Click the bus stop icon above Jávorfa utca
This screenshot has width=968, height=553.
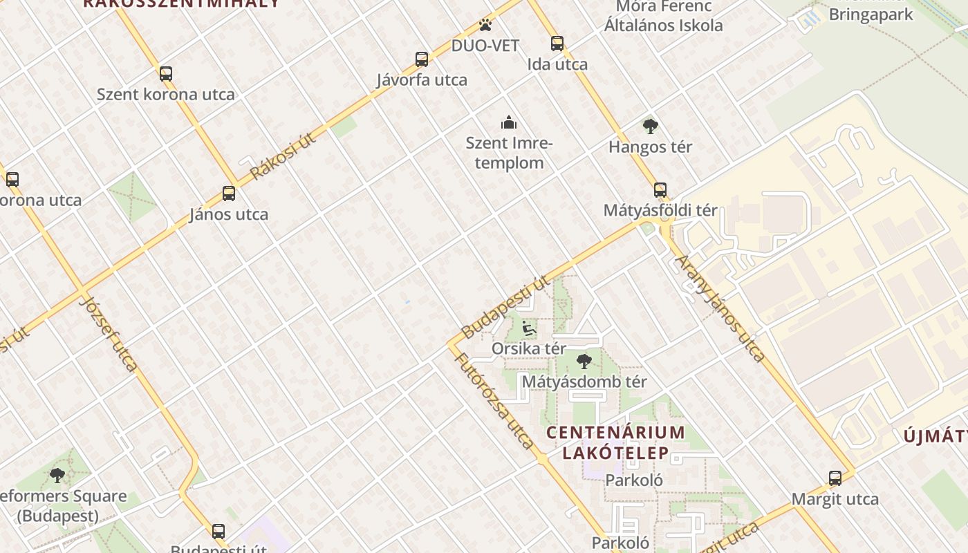422,59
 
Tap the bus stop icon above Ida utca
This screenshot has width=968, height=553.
557,44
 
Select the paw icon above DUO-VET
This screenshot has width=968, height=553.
485,26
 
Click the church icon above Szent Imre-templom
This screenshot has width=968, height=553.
510,123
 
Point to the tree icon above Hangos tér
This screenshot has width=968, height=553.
650,126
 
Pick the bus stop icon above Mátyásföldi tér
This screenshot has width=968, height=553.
660,190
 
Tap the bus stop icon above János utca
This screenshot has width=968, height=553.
229,194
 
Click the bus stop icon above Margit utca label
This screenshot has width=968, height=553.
835,478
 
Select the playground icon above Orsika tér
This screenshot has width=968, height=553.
529,328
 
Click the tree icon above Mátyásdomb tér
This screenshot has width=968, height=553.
584,361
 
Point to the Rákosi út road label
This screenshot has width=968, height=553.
283,156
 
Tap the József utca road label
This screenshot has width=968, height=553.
110,333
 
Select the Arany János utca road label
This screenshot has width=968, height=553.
720,308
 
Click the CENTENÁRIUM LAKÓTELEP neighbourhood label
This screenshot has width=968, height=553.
615,442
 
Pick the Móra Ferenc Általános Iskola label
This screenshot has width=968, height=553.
664,17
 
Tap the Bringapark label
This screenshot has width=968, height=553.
871,15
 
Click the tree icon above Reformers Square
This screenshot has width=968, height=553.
57,476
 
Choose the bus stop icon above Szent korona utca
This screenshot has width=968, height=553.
166,74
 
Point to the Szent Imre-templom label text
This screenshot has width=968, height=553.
509,153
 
